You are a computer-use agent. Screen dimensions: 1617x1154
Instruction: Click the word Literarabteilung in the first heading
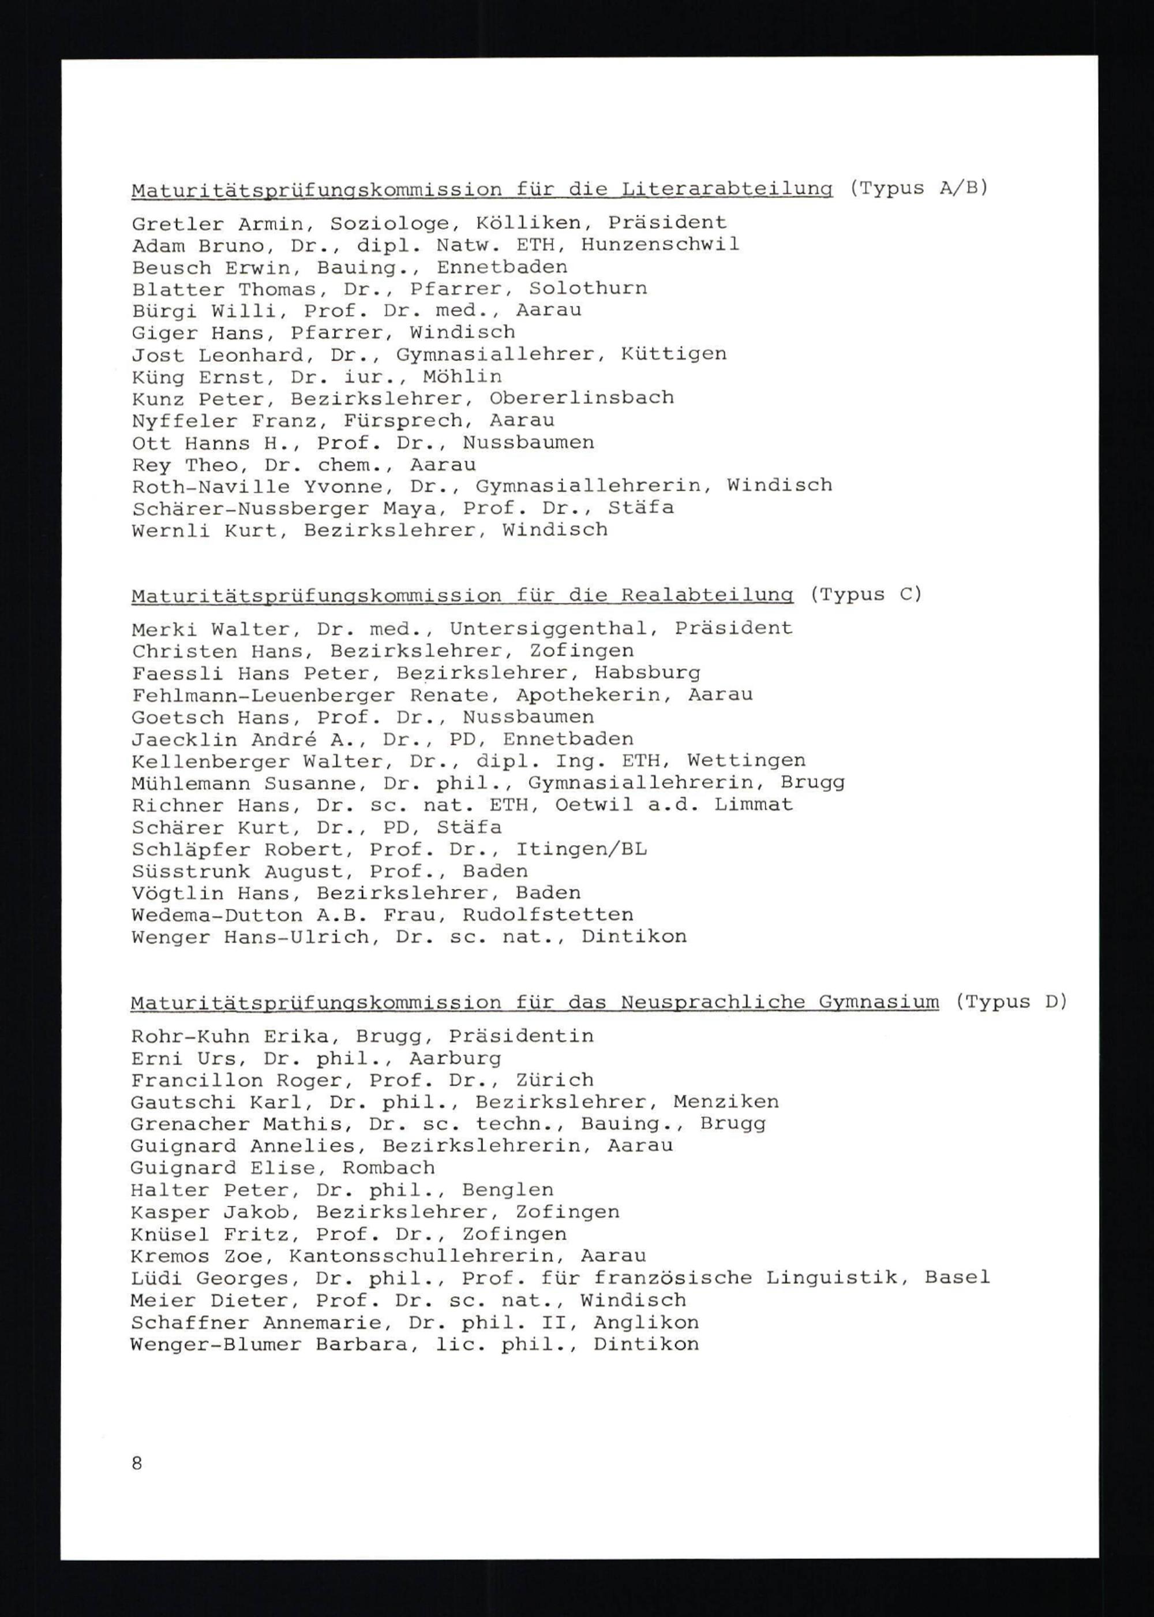coord(726,190)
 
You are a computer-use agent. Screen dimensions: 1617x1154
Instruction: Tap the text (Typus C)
coord(865,594)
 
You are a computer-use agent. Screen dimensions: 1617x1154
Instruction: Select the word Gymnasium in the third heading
coord(878,1002)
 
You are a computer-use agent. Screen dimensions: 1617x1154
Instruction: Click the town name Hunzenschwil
coord(660,245)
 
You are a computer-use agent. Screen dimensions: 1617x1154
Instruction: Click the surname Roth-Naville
coord(211,487)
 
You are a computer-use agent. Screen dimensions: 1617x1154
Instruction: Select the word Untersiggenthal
coord(549,629)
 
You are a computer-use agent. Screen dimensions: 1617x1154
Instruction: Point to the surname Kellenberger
coord(211,761)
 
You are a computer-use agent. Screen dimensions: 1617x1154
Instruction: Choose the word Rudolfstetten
coord(548,916)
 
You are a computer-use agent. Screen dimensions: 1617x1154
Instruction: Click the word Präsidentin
coord(522,1036)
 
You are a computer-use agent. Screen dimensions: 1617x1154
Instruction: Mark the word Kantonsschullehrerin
coord(422,1256)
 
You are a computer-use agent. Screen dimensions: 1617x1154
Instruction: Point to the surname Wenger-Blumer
coord(216,1345)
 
